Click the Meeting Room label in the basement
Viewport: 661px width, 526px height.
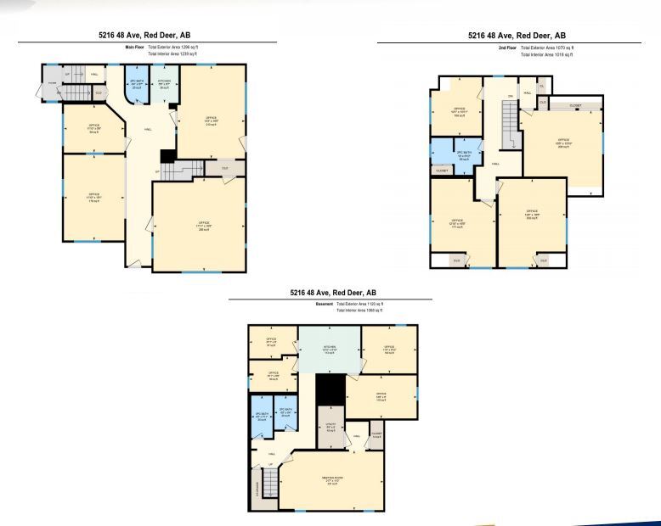pyautogui.click(x=332, y=480)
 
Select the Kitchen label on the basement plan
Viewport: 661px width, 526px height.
pyautogui.click(x=329, y=349)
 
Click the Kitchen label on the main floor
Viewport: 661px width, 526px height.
pyautogui.click(x=165, y=84)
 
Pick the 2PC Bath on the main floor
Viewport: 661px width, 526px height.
pyautogui.click(x=136, y=84)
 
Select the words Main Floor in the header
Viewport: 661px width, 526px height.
pyautogui.click(x=135, y=47)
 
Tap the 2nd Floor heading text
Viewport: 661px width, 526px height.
pyautogui.click(x=507, y=48)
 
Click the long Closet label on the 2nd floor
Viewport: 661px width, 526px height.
pyautogui.click(x=575, y=104)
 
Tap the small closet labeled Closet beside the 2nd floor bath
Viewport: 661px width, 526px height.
pyautogui.click(x=442, y=171)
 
